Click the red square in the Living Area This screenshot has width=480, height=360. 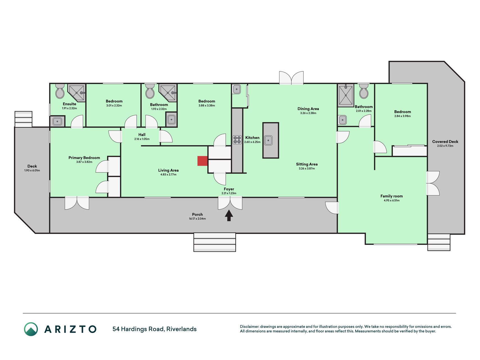click(x=202, y=161)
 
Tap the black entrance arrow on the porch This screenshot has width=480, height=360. click(x=229, y=215)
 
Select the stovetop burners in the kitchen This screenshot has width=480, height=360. click(x=237, y=140)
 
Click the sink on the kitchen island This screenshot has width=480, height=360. click(x=268, y=140)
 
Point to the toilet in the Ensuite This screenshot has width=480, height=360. click(x=60, y=91)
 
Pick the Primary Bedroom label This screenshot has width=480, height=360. click(x=84, y=158)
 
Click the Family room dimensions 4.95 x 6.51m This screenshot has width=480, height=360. click(x=392, y=201)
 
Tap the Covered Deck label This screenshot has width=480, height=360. click(x=445, y=142)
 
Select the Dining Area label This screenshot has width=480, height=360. click(x=308, y=109)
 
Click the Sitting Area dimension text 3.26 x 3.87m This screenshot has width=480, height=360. click(x=307, y=168)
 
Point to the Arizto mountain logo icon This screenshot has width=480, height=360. click(x=31, y=329)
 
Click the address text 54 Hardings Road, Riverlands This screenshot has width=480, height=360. click(x=154, y=329)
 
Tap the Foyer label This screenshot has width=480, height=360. click(x=229, y=189)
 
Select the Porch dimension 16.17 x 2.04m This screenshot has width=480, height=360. click(x=197, y=219)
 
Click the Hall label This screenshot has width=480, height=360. click(x=142, y=135)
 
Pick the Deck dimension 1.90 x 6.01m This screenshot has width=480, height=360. click(x=32, y=170)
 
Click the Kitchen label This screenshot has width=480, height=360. click(x=252, y=138)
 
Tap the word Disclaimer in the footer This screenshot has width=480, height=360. click(x=249, y=327)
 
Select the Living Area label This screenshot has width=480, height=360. click(x=168, y=170)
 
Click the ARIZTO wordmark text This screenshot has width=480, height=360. click(x=70, y=329)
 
